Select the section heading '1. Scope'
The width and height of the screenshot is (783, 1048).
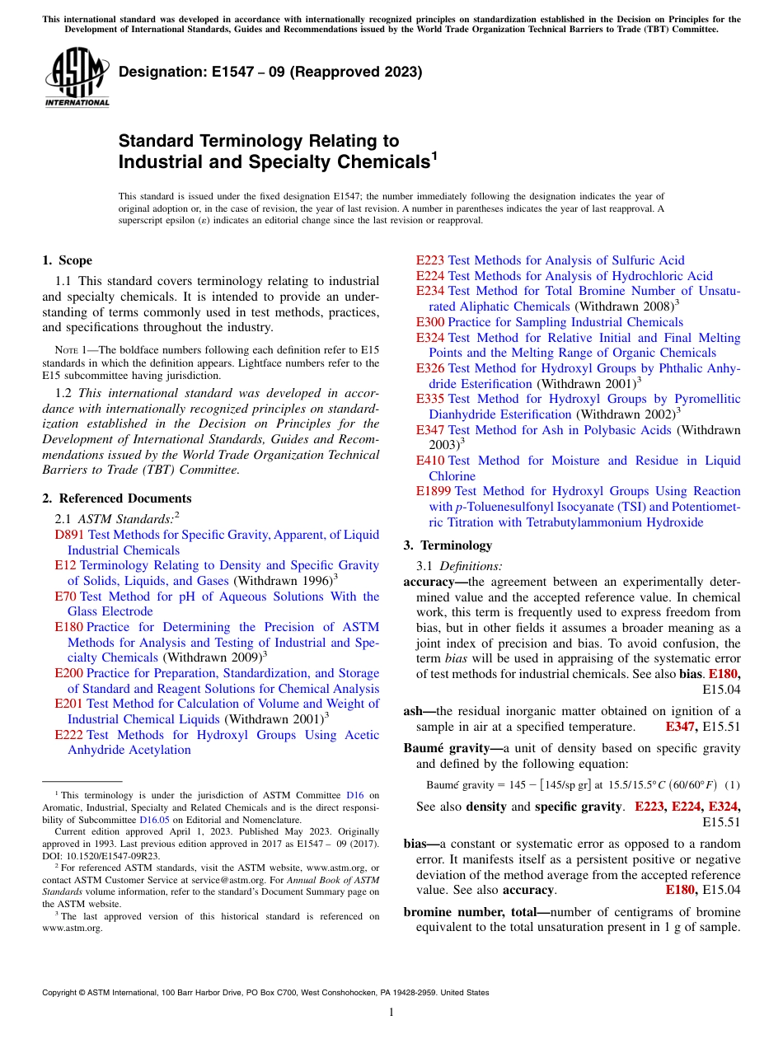67,260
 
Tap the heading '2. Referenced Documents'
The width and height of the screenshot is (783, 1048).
116,498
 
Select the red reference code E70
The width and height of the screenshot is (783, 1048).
65,597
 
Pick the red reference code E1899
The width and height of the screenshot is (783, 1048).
434,491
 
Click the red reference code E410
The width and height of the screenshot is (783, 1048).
430,461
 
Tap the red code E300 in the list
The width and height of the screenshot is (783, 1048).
430,322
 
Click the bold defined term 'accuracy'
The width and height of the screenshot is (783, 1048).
430,582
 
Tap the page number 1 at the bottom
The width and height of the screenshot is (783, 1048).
391,1013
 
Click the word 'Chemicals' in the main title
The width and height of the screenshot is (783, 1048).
382,162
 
